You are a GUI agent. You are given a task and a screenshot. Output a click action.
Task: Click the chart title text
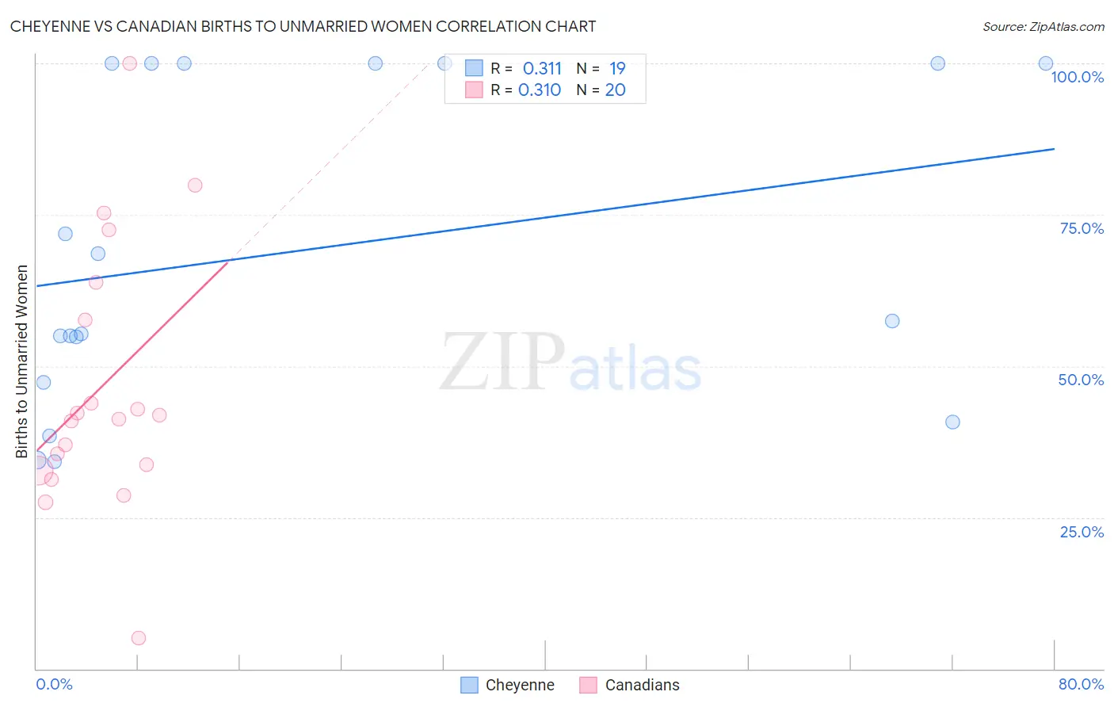[303, 26]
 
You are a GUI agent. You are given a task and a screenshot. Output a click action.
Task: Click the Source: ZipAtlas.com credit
[1043, 27]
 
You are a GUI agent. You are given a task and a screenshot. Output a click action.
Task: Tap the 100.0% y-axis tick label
[1077, 77]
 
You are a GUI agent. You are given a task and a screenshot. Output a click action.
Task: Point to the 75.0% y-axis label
[1082, 228]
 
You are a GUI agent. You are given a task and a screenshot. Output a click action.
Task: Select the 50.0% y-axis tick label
[1081, 380]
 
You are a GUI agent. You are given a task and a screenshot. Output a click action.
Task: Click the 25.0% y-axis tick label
[1082, 531]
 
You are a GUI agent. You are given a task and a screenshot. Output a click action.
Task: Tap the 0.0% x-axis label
[54, 684]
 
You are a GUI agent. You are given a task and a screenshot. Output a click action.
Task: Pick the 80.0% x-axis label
[1081, 684]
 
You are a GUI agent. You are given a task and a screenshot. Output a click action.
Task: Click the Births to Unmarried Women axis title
[21, 361]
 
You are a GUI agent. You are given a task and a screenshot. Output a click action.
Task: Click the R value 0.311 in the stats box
[542, 69]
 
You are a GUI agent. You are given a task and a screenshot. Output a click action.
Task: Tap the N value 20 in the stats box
[615, 90]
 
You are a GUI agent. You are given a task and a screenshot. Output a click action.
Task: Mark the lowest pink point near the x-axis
[139, 638]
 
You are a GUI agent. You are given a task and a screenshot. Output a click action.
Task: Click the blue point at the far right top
[1046, 63]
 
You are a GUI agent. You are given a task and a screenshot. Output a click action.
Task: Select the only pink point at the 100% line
[130, 63]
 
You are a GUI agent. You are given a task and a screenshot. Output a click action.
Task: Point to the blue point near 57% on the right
[892, 321]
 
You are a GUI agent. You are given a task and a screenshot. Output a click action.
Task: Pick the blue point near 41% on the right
[952, 422]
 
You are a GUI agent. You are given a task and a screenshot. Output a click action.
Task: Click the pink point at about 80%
[195, 185]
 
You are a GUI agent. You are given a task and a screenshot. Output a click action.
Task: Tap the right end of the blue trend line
[1054, 149]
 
